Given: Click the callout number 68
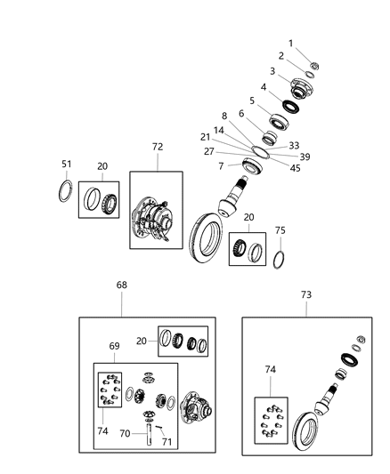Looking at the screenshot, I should point(121,285).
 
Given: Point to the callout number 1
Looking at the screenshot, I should point(289,43).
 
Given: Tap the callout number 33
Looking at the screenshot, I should point(293,145).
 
